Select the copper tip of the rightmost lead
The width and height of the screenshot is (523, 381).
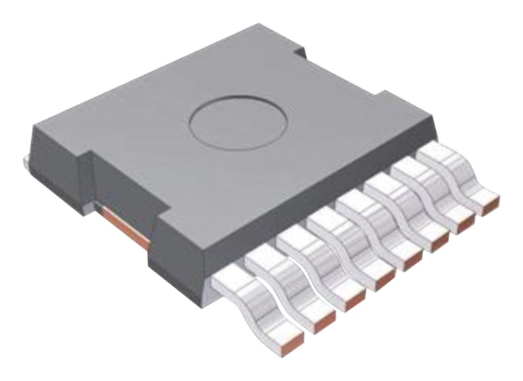coord(489,204)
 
